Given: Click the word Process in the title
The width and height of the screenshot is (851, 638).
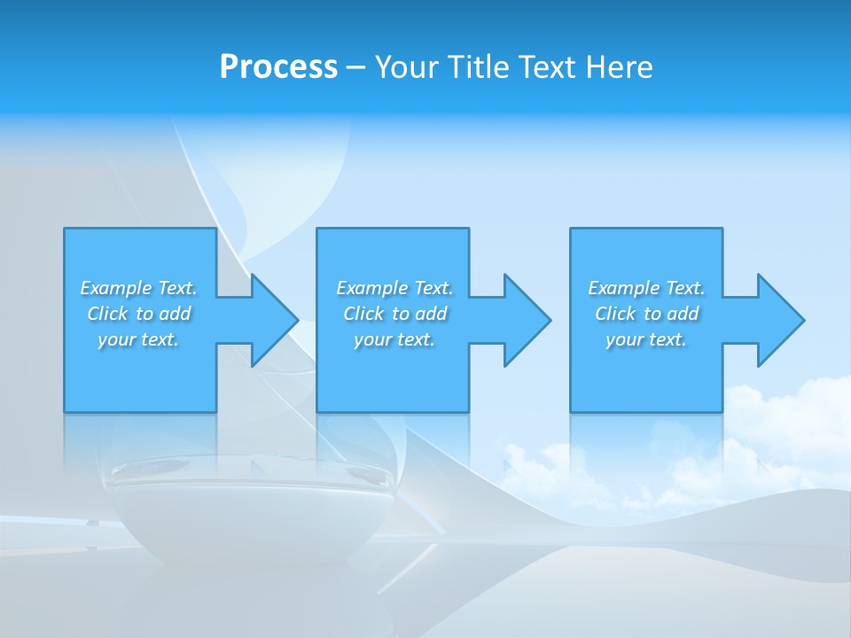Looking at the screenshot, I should click(278, 67).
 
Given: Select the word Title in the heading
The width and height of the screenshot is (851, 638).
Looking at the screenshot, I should click(480, 67).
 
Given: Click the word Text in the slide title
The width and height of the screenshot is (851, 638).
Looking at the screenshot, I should click(548, 67).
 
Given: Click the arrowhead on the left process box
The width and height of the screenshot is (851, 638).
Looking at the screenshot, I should click(271, 320).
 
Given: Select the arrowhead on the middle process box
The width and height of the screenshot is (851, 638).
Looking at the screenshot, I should click(525, 320).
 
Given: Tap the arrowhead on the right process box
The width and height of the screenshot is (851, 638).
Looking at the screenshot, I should click(778, 320).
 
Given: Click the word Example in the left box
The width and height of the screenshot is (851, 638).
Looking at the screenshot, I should click(116, 288).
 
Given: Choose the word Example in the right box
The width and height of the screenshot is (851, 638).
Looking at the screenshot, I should click(624, 288).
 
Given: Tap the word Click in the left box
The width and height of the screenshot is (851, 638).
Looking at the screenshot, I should click(105, 314).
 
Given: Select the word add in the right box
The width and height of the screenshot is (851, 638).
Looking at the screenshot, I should click(683, 314).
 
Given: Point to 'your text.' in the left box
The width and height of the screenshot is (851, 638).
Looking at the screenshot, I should click(138, 339).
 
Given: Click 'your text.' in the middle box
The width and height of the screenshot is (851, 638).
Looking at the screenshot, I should click(394, 339).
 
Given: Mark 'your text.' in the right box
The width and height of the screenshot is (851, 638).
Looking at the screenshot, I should click(646, 339).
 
